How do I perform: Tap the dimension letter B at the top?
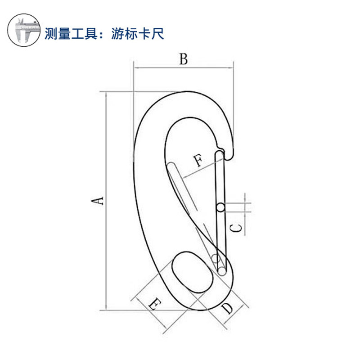click(x=183, y=58)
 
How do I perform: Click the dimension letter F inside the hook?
click(x=198, y=161)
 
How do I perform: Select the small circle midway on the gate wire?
click(x=220, y=207)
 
